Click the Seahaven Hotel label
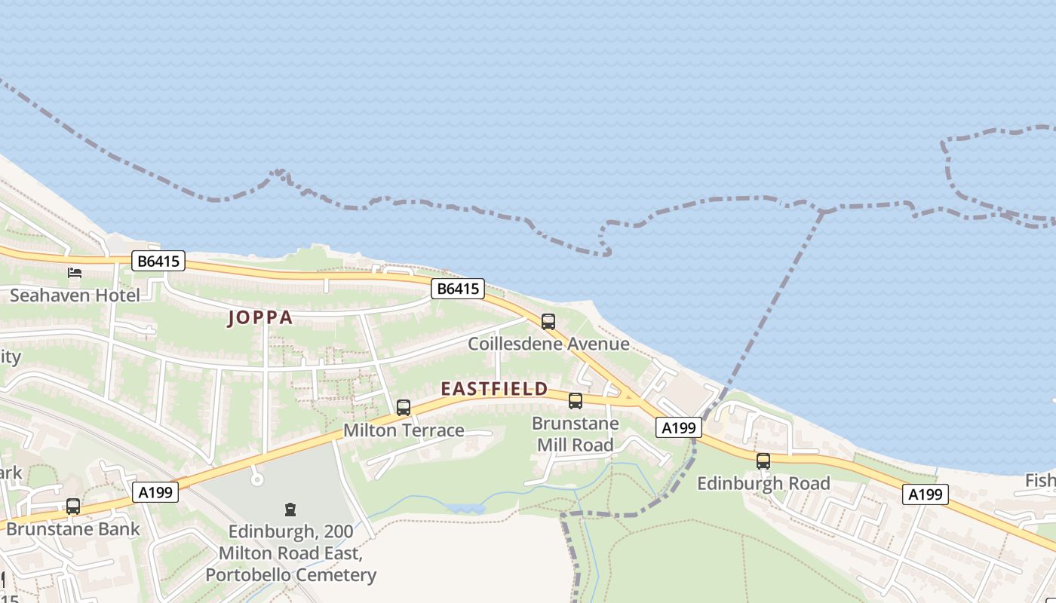(75, 295)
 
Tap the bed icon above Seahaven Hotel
(75, 272)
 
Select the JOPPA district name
(260, 317)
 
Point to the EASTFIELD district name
(494, 389)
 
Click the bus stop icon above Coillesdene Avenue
(548, 322)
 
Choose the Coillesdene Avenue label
(548, 344)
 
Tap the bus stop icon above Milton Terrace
(404, 408)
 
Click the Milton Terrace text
(404, 430)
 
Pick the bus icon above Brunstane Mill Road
(576, 401)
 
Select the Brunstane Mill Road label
(576, 434)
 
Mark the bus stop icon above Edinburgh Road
(763, 461)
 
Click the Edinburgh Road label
(763, 483)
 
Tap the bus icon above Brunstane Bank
(73, 507)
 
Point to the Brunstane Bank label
(73, 528)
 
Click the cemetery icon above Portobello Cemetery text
(290, 510)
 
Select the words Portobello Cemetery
(290, 575)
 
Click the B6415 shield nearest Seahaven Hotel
(158, 262)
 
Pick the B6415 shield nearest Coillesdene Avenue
(458, 288)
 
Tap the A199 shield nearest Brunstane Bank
(156, 493)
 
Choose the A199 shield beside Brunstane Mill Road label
(678, 428)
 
